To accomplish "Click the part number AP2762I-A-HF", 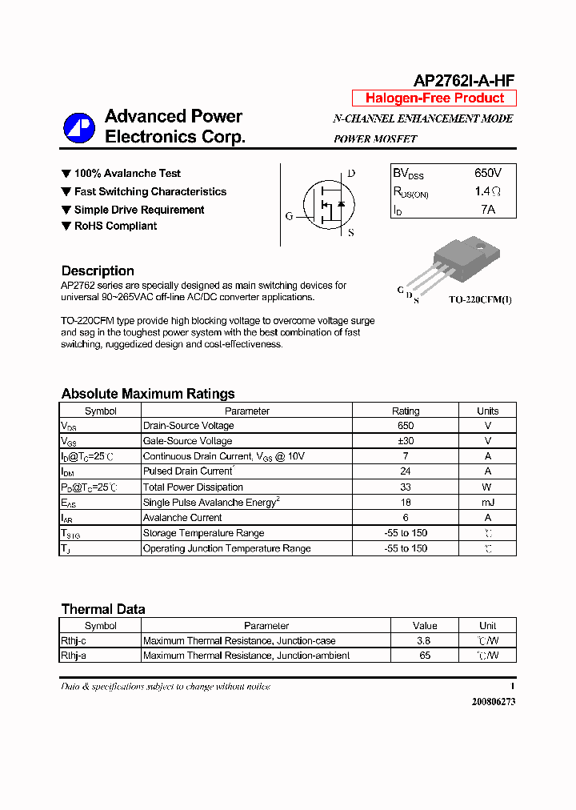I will (x=463, y=80).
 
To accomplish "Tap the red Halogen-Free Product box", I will (x=434, y=98).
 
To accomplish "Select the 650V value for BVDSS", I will (x=487, y=173).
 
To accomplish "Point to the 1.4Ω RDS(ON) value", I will (x=487, y=191).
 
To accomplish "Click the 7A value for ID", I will (x=487, y=210).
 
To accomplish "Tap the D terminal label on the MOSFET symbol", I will (x=351, y=174).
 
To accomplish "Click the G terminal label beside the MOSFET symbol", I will (x=290, y=216).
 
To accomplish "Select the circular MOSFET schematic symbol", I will (x=328, y=206).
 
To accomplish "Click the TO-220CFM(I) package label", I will (x=480, y=299).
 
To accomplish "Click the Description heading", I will (x=98, y=271).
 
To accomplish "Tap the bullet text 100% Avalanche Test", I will (x=127, y=174).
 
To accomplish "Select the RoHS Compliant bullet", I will (x=115, y=227).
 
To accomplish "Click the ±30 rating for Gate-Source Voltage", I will (x=405, y=441).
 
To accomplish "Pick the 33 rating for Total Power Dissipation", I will (x=405, y=487).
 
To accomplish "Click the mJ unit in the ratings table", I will (x=487, y=503).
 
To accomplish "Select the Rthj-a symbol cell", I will (x=74, y=656).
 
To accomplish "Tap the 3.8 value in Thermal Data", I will (x=424, y=641).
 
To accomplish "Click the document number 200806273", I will (x=494, y=701).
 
